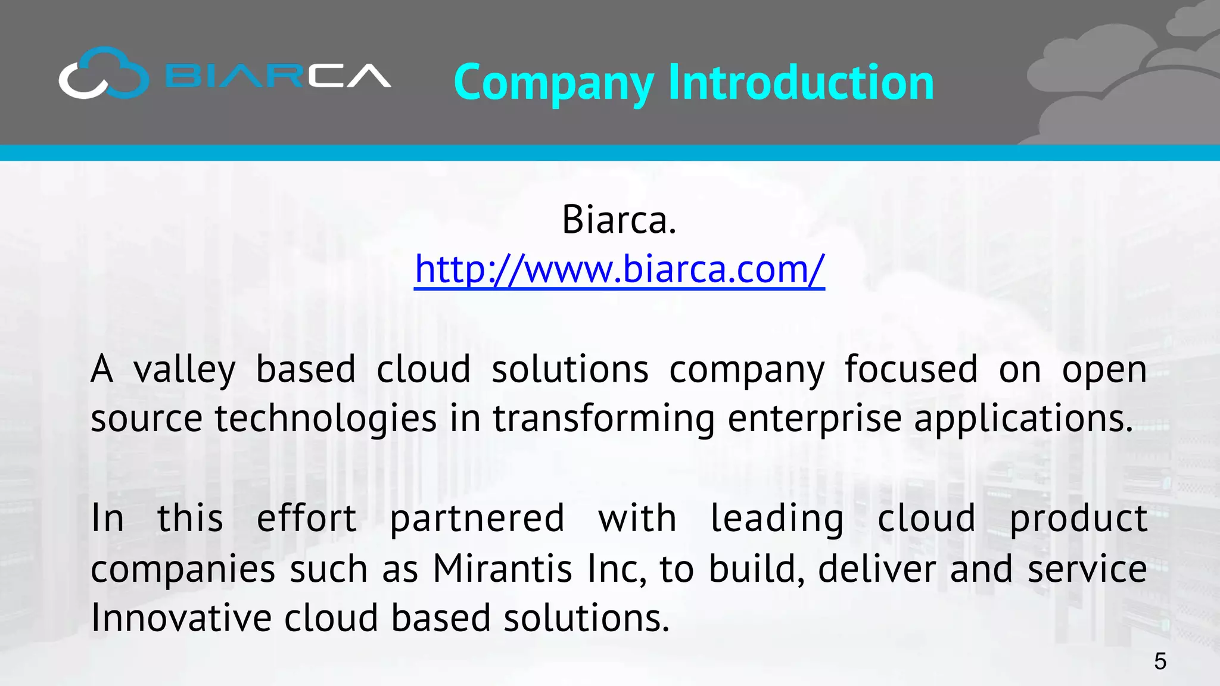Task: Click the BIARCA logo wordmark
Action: click(278, 76)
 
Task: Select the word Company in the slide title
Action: click(554, 83)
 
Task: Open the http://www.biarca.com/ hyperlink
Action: click(620, 270)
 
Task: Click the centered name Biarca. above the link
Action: click(619, 220)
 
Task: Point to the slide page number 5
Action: click(1160, 662)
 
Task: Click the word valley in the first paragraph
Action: click(185, 370)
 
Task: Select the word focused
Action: click(911, 369)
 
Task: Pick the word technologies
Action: click(326, 419)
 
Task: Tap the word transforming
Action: click(603, 419)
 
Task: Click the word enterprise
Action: click(814, 419)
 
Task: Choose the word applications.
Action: click(1023, 419)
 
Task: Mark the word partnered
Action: click(477, 519)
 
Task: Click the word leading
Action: click(777, 519)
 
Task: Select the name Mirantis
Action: click(502, 569)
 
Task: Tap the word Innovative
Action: click(181, 618)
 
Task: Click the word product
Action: click(1078, 519)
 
